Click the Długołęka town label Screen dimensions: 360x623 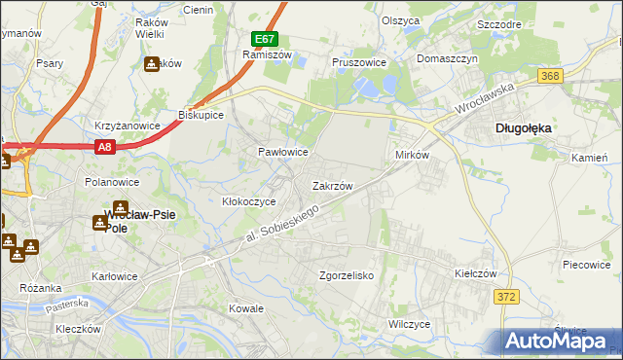coord(525,126)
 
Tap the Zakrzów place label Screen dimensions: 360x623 coord(332,185)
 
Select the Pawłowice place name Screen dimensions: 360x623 coord(282,152)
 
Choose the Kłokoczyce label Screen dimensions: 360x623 coord(249,201)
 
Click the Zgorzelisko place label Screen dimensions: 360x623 coord(347,275)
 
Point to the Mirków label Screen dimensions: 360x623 coord(413,156)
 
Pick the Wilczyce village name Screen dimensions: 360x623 coord(409,324)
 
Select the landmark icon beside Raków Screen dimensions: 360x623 coord(152,65)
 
